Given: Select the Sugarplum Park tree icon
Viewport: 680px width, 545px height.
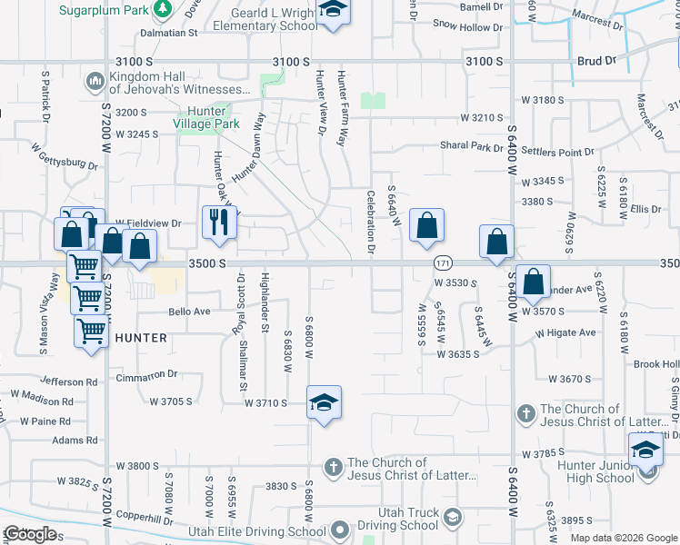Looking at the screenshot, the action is point(163,9).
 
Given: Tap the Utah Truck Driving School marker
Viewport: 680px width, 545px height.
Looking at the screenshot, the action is point(453,518).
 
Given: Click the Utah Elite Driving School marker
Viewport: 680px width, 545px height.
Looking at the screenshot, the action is point(340,530).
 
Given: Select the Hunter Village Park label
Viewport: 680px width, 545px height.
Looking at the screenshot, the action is point(207,118).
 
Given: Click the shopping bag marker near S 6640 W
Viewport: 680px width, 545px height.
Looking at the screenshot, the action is point(426,225).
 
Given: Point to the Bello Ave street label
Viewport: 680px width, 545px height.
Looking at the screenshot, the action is point(189,312).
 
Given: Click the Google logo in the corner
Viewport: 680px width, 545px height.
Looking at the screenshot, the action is point(30,534).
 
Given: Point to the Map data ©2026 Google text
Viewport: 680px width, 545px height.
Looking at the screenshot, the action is point(624,538).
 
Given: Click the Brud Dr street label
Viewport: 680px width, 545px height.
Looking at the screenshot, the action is point(596,61).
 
